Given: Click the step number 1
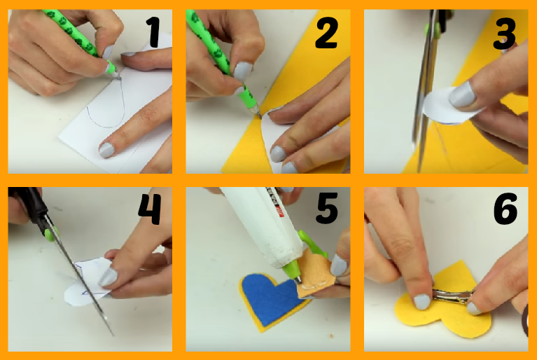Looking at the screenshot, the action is pyautogui.click(x=153, y=32).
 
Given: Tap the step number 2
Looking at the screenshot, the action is pyautogui.click(x=326, y=33).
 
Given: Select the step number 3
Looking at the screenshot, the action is pyautogui.click(x=504, y=33).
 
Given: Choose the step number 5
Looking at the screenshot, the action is pyautogui.click(x=326, y=209).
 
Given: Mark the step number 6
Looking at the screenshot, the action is pyautogui.click(x=505, y=209).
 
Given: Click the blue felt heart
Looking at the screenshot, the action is pyautogui.click(x=270, y=297).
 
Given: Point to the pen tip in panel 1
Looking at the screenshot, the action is pyautogui.click(x=120, y=78).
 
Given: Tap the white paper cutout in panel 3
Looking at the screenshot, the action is pyautogui.click(x=449, y=107).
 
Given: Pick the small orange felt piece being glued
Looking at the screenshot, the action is pyautogui.click(x=316, y=273).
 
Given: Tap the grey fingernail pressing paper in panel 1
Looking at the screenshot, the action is pyautogui.click(x=106, y=150).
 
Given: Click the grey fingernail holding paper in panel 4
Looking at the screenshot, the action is pyautogui.click(x=108, y=277).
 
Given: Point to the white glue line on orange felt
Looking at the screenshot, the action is pyautogui.click(x=314, y=286).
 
